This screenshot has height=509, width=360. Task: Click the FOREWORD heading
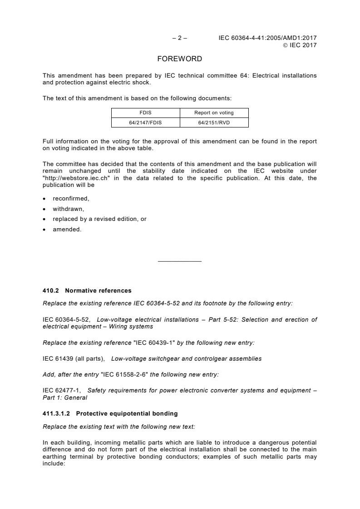click(x=180, y=59)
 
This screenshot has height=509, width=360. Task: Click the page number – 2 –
click(x=180, y=38)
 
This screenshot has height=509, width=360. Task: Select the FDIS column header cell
click(x=146, y=113)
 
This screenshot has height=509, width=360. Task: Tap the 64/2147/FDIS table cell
click(x=146, y=122)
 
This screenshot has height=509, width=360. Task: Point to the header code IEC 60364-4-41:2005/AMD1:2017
click(x=267, y=38)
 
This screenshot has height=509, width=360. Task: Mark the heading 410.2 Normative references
click(x=87, y=290)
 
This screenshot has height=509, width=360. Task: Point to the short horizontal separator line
click(x=180, y=261)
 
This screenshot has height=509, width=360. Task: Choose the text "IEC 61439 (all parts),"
click(x=73, y=358)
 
